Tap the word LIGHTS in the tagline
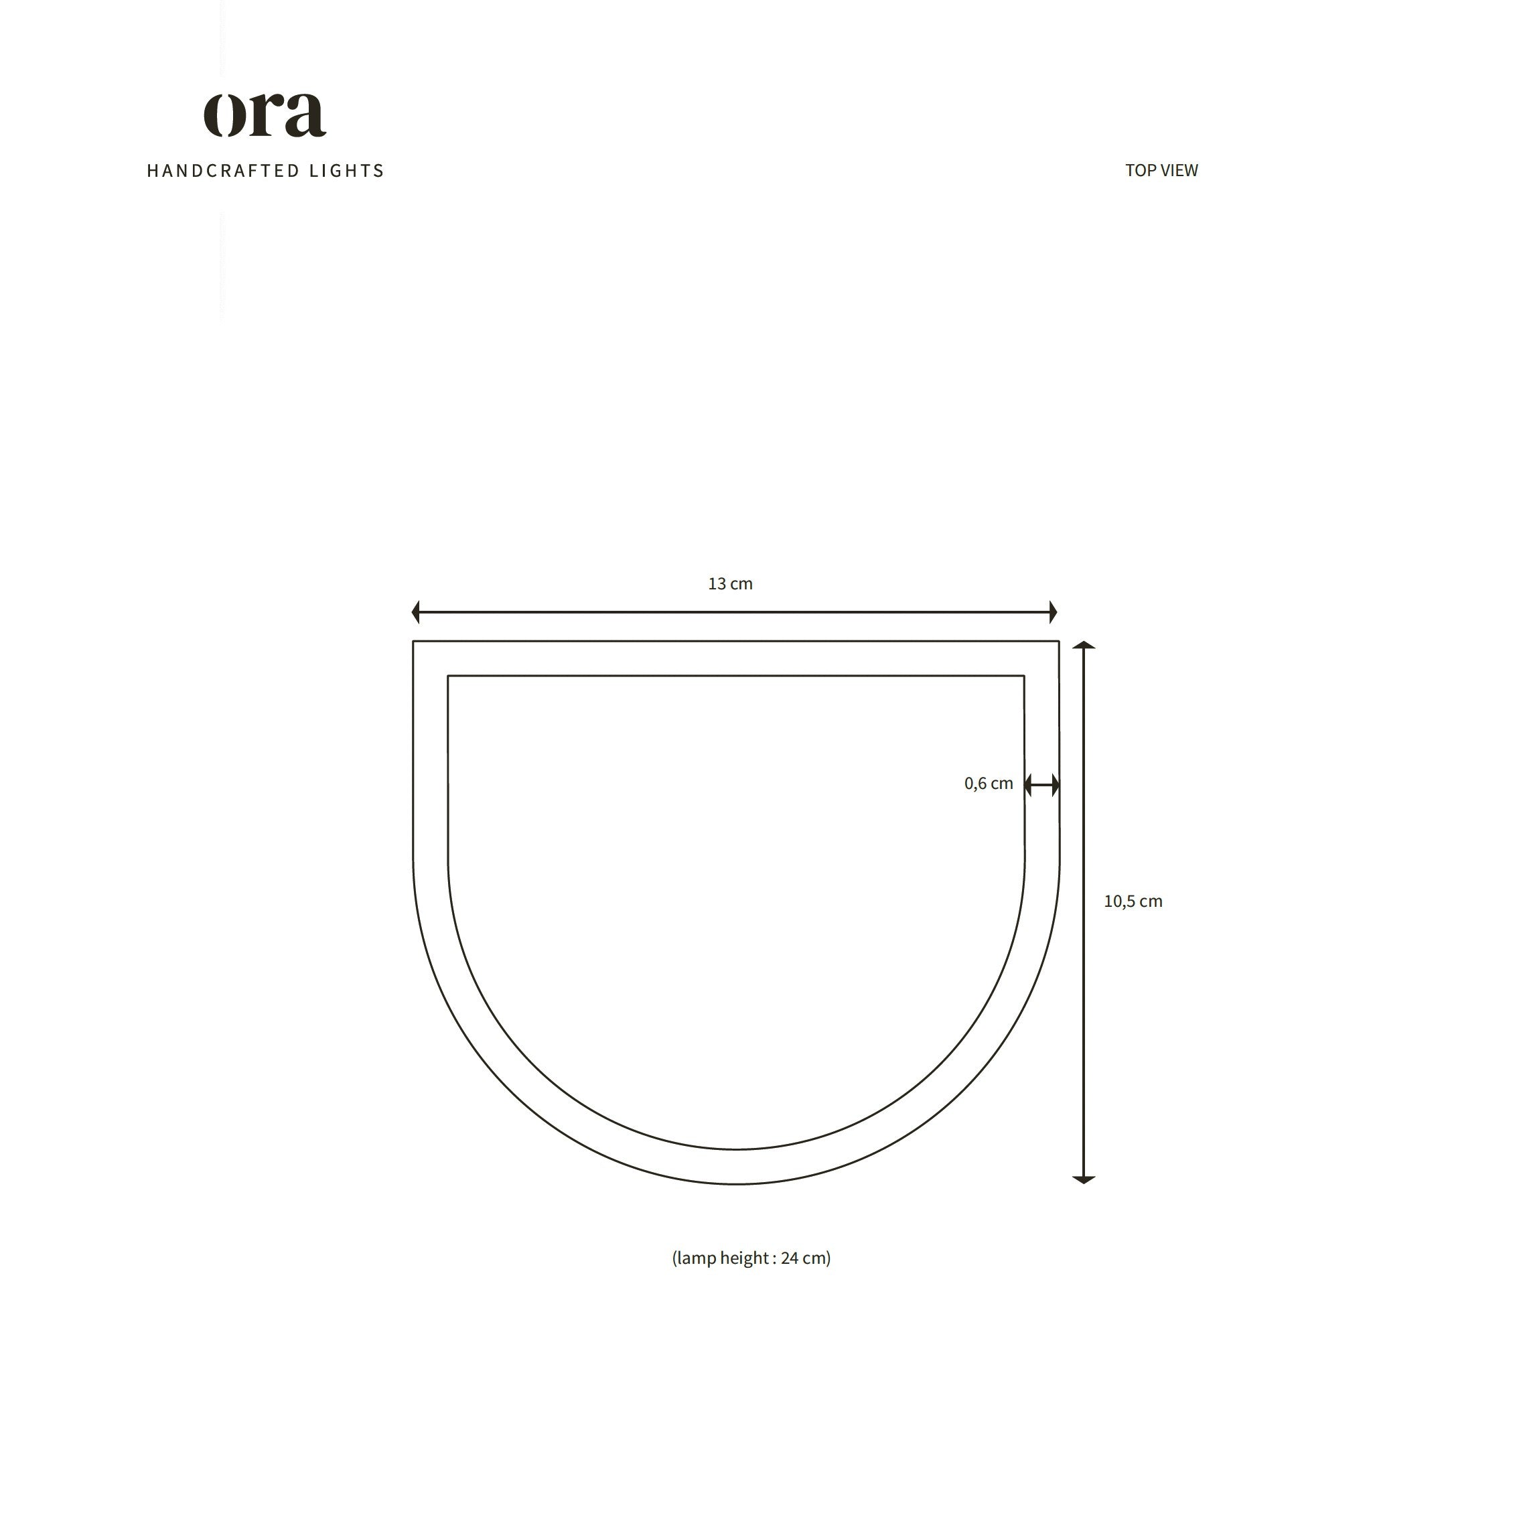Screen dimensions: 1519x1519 [347, 171]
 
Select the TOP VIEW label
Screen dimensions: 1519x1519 [1161, 171]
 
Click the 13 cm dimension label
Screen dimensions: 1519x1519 [731, 584]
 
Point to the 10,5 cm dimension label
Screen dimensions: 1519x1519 [1133, 901]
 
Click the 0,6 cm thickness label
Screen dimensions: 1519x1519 [989, 784]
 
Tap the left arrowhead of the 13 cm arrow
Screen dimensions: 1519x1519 [417, 611]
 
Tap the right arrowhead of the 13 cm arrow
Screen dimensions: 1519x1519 [1053, 611]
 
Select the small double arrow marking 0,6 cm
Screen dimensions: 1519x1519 [1041, 785]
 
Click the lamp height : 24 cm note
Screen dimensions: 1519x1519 [751, 1258]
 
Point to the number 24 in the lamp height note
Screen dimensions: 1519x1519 [790, 1258]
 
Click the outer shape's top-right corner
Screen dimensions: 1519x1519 [1058, 642]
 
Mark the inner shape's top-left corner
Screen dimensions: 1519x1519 [448, 676]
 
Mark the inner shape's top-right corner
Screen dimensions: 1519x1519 [1023, 676]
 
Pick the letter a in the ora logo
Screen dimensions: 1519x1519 [306, 117]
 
